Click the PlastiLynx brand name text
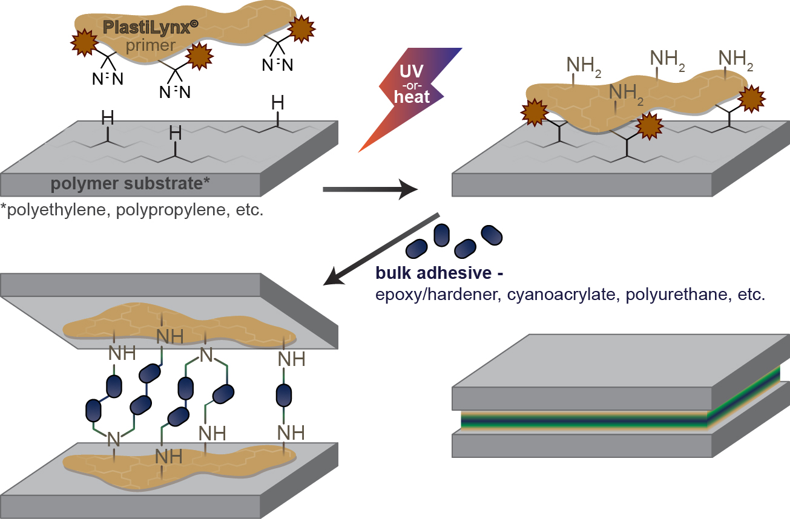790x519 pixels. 141,27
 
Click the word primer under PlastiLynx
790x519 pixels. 151,46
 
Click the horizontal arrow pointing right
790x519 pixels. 370,190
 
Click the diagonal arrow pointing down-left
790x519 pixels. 381,249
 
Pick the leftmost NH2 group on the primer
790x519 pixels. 584,64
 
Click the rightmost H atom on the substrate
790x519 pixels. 277,103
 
